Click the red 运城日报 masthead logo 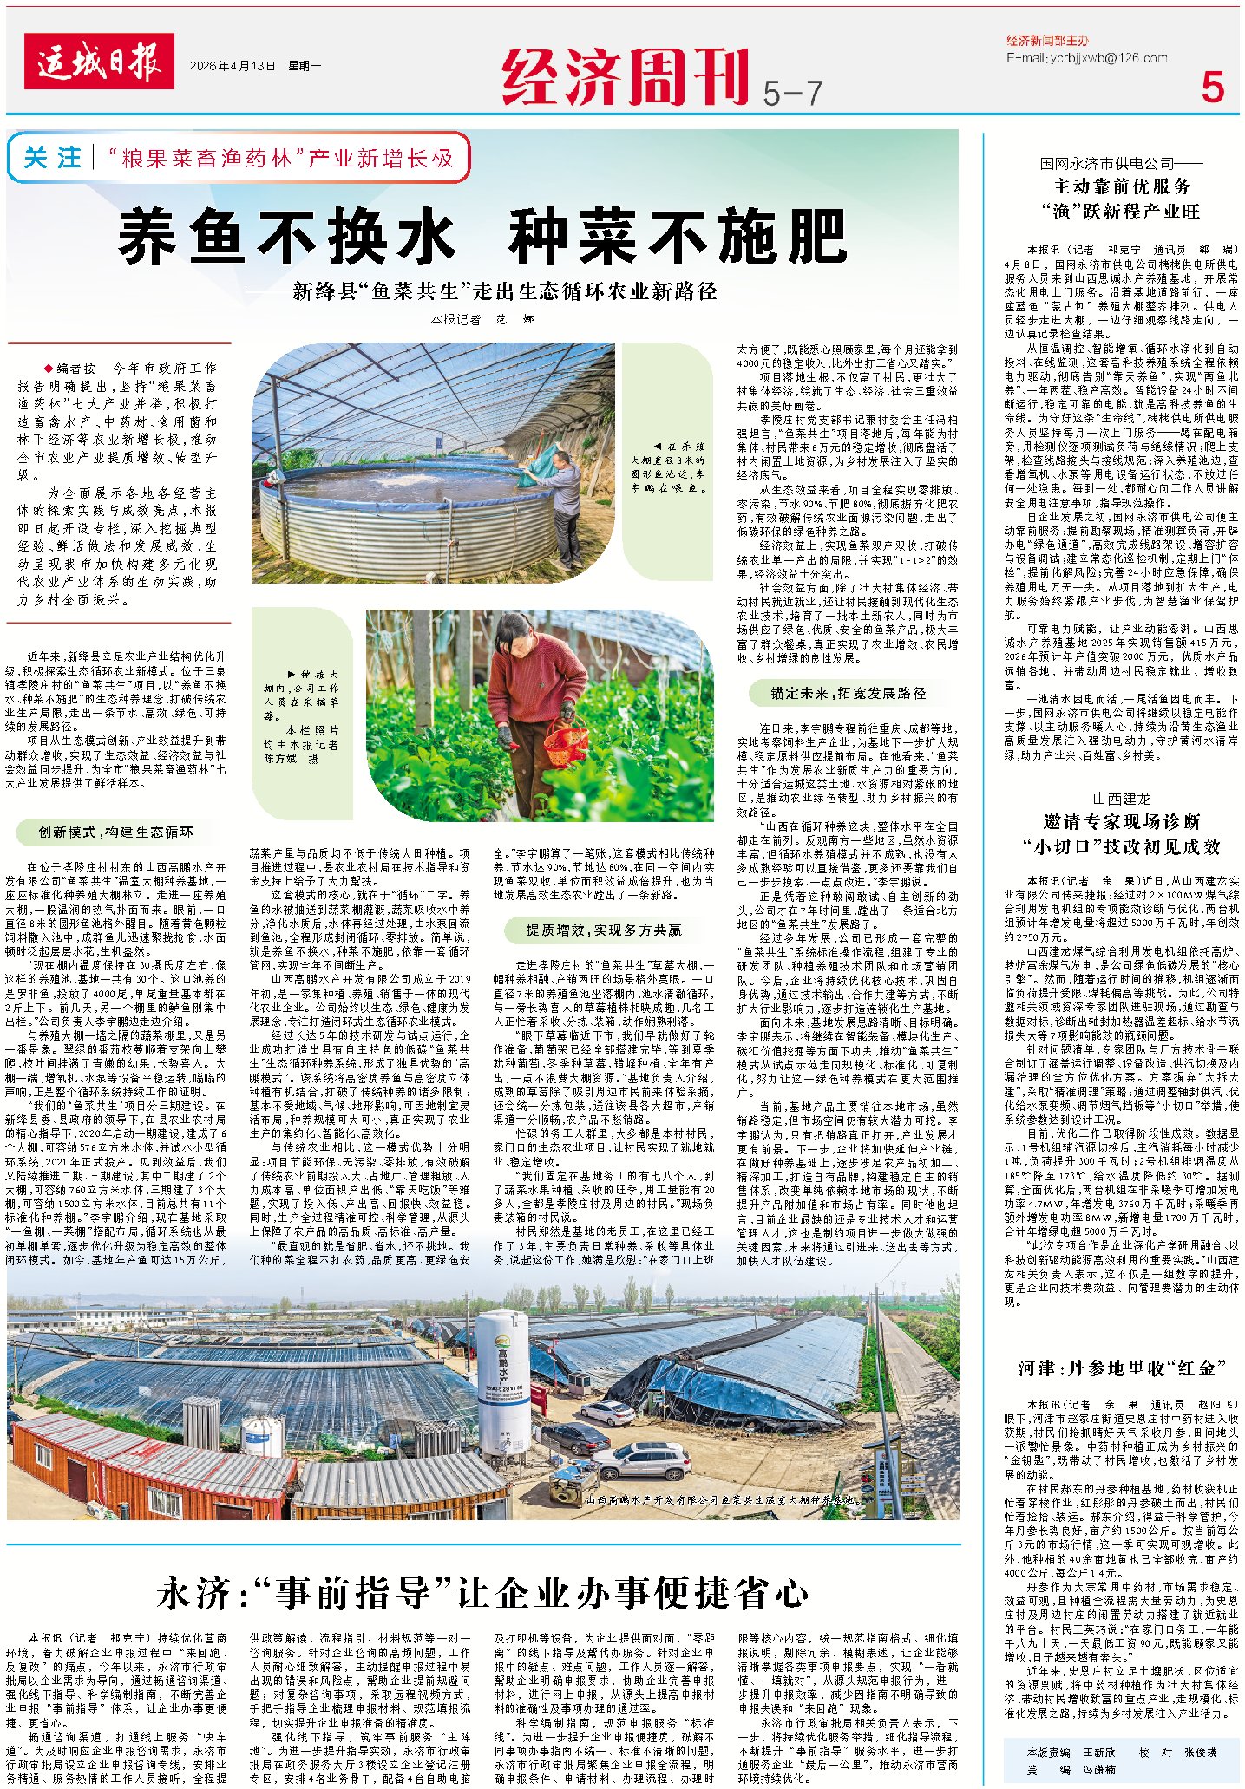(x=100, y=62)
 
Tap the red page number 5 (x=1212, y=87)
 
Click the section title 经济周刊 (x=626, y=76)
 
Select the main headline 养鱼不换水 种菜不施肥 (x=482, y=236)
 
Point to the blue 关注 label (x=53, y=158)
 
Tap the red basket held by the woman (x=565, y=743)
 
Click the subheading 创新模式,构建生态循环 (x=115, y=832)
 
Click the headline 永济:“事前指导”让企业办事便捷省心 (x=483, y=1593)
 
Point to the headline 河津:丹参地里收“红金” (x=1122, y=1368)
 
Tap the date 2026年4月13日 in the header (x=233, y=66)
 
